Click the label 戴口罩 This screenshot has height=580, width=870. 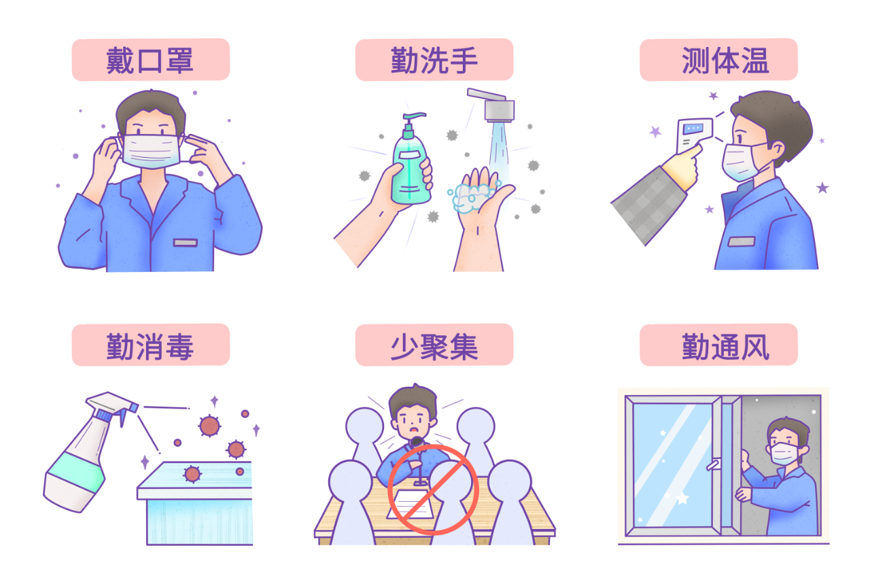[x=150, y=60]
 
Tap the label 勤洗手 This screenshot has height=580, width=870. [x=434, y=60]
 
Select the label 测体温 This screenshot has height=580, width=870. [x=718, y=60]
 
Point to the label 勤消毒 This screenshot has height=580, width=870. [x=150, y=345]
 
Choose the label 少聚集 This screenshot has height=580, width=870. [x=434, y=345]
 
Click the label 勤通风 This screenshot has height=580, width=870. [x=718, y=345]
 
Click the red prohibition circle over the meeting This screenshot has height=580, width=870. [x=433, y=490]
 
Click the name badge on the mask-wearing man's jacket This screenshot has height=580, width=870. [x=185, y=243]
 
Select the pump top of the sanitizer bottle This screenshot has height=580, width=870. [x=413, y=120]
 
